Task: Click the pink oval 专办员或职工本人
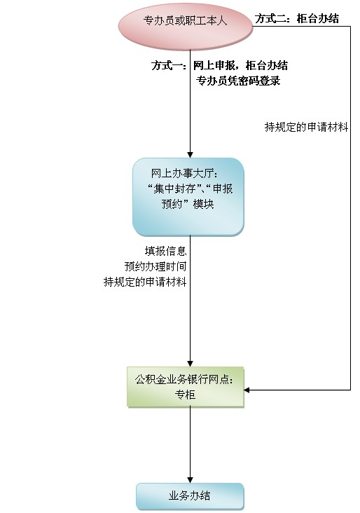click(186, 27)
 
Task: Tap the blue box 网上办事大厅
click(188, 197)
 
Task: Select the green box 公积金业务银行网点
click(186, 387)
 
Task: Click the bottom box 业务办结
click(190, 496)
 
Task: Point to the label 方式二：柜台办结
click(297, 19)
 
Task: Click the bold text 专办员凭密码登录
click(238, 81)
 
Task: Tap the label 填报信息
click(165, 251)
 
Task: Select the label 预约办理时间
click(155, 266)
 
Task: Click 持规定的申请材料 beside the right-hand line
click(306, 127)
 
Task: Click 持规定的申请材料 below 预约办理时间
click(145, 282)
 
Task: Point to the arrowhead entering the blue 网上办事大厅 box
click(190, 155)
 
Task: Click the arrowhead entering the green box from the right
click(247, 390)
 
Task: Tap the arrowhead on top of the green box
click(190, 364)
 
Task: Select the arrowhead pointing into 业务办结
click(190, 479)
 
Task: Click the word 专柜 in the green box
click(185, 395)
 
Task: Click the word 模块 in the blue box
click(204, 204)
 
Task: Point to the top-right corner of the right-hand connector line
click(350, 27)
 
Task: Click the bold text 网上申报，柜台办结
click(241, 65)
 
